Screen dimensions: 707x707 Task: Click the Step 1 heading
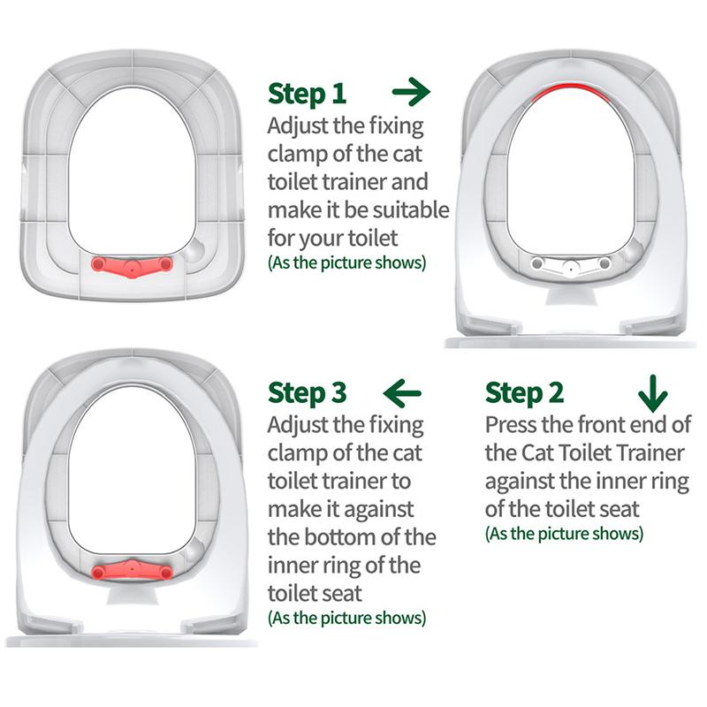307,94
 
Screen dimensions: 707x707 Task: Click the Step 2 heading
524,393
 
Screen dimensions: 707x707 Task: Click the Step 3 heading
307,393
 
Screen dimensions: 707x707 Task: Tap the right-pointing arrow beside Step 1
411,92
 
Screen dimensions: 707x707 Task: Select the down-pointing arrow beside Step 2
652,393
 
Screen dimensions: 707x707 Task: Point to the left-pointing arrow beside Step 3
402,392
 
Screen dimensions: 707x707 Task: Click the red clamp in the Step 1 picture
132,266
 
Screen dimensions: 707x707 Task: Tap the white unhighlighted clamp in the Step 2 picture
570,265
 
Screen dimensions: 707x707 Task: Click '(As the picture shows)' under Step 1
346,262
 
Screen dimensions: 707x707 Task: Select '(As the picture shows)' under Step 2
564,534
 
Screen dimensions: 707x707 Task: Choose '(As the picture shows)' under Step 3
346,618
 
